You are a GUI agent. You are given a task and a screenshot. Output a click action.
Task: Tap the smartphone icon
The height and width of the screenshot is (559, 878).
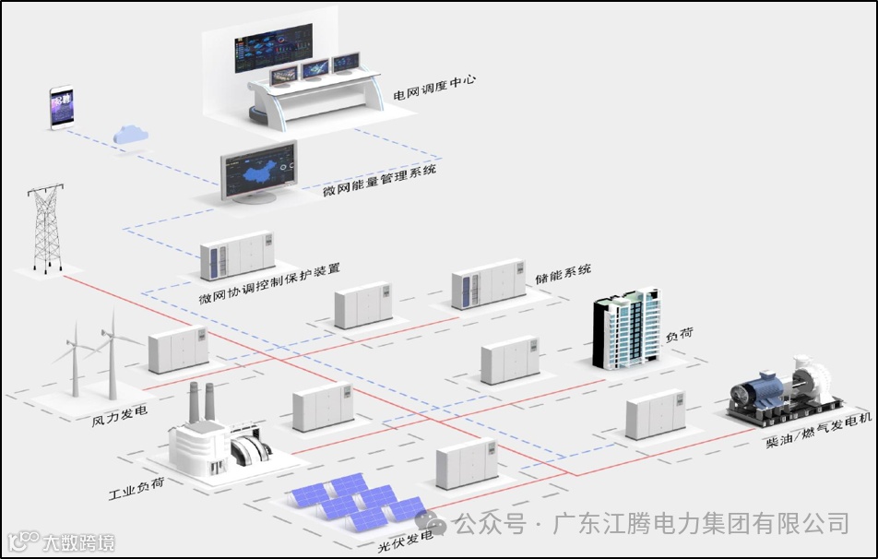62,109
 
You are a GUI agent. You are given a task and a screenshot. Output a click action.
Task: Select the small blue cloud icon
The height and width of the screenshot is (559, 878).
131,134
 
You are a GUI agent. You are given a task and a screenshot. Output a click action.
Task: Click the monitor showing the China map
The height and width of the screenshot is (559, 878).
258,172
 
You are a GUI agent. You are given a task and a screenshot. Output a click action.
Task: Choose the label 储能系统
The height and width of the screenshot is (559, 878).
563,271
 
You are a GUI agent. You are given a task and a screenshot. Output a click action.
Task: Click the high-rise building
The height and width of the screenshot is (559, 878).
627,331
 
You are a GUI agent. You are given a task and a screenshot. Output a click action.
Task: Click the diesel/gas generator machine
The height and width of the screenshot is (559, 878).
786,391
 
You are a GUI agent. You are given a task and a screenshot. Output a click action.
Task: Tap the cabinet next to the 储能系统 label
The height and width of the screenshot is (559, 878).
488,284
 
